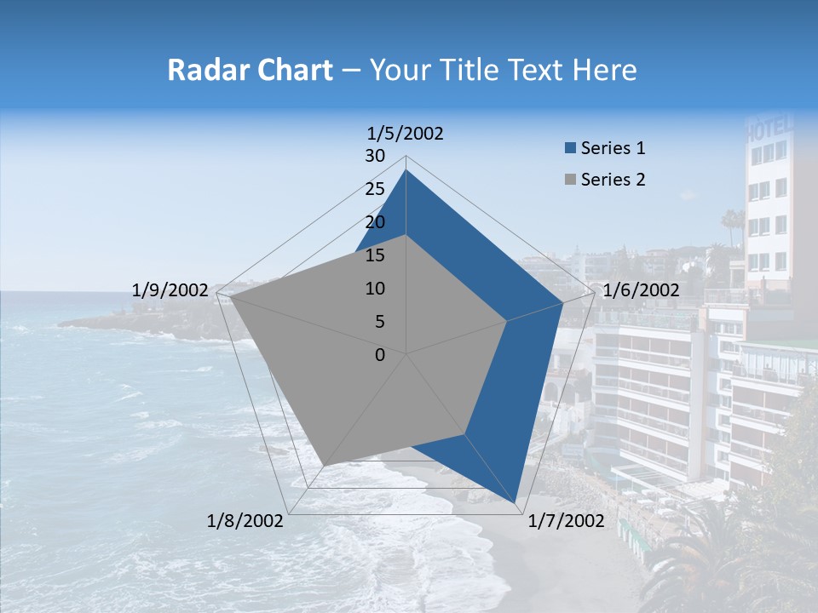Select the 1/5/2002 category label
[x=406, y=134]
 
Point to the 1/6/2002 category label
[x=641, y=290]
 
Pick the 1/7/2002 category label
[x=566, y=521]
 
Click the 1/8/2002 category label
[x=245, y=521]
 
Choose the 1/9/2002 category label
[x=170, y=290]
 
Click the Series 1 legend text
[x=613, y=148]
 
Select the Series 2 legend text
[x=613, y=180]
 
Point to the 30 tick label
[x=375, y=156]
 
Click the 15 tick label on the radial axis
[x=375, y=255]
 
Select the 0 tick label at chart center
[x=380, y=355]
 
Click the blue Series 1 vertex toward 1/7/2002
[x=516, y=502]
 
